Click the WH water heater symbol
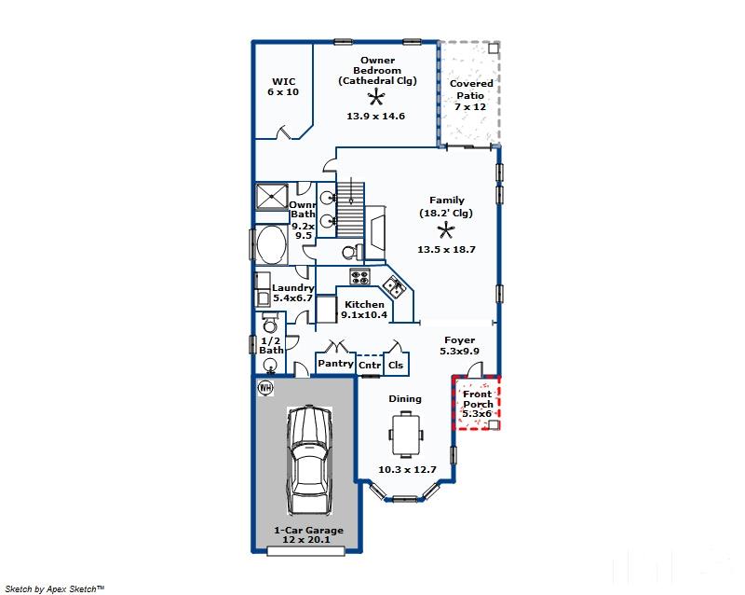click(x=265, y=388)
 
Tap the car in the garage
click(x=309, y=461)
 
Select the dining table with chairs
click(x=406, y=434)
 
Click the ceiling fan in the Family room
click(x=446, y=231)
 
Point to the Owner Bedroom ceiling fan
click(x=376, y=97)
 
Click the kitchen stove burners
click(x=359, y=276)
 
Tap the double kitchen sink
click(x=394, y=286)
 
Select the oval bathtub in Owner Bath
click(x=271, y=244)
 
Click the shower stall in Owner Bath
click(x=272, y=196)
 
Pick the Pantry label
click(x=335, y=363)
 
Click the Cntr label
click(x=370, y=365)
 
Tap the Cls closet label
click(x=396, y=365)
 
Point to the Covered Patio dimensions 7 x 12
click(x=470, y=106)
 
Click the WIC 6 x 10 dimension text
click(x=283, y=92)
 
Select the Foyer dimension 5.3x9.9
click(x=459, y=352)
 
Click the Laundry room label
click(x=292, y=287)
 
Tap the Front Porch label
click(x=478, y=399)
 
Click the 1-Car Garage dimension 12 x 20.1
click(x=306, y=539)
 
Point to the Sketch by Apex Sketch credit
click(x=54, y=588)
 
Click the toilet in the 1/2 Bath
click(x=270, y=323)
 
